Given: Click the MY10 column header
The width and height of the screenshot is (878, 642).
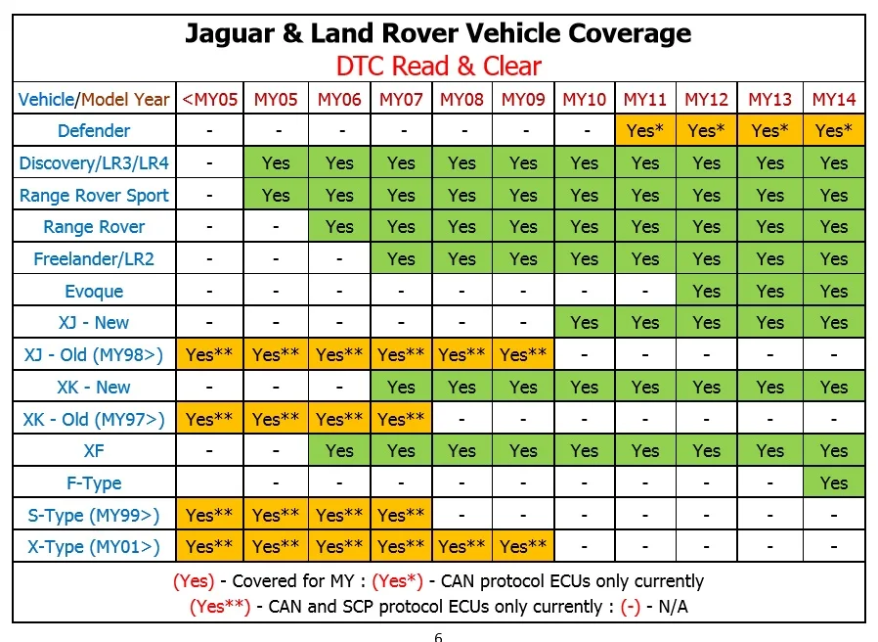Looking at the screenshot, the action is point(584,99).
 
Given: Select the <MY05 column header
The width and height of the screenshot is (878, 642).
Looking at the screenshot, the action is point(210,99).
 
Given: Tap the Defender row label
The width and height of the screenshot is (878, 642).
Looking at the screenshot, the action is point(94,130).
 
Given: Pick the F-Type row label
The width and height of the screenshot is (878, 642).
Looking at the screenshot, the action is point(94,482).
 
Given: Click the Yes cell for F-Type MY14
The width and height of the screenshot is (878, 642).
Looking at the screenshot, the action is point(834,482).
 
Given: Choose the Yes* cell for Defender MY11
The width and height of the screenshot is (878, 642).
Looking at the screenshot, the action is point(645,130).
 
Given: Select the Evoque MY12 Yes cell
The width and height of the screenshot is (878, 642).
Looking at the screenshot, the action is point(706,291).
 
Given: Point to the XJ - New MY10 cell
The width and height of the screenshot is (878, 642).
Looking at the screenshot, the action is point(584,322).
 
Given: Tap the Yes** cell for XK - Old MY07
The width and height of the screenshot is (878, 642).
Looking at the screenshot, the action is point(401,419).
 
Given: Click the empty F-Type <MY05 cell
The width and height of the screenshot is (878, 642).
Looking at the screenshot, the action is point(209,482).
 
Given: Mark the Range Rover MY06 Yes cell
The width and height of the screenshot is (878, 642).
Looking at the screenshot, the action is point(339,226).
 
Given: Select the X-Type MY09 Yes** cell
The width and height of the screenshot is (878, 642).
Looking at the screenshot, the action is point(523,546).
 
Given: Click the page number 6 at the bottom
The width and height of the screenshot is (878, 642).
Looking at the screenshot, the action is point(438,637).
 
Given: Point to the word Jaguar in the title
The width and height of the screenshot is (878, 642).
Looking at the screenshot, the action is point(230,34).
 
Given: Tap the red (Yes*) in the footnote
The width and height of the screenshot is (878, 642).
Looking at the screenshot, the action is point(398,581).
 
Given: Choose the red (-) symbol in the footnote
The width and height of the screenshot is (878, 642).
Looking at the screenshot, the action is point(631,607).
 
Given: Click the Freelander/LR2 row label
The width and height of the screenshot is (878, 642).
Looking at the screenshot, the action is point(94,259).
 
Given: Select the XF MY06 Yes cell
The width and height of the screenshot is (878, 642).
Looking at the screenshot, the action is point(339,451).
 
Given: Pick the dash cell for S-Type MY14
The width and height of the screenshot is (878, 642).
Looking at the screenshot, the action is point(834,515).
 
